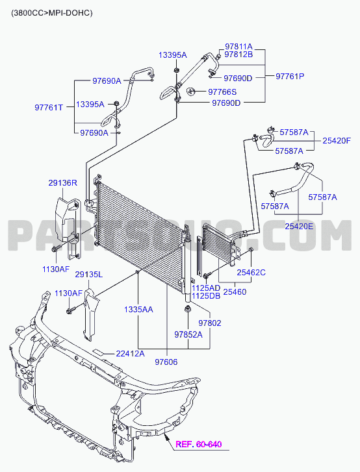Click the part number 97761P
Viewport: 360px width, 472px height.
pyautogui.click(x=290, y=76)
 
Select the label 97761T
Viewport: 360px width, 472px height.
pyautogui.click(x=49, y=108)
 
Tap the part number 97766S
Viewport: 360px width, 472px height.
pyautogui.click(x=222, y=92)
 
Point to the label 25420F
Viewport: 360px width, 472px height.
pyautogui.click(x=337, y=141)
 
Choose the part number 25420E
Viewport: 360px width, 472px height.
pyautogui.click(x=299, y=226)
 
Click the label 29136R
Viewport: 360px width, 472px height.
pyautogui.click(x=62, y=182)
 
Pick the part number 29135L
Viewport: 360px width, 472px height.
pyautogui.click(x=89, y=275)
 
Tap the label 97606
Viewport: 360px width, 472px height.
pyautogui.click(x=166, y=362)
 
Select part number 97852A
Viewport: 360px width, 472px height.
pyautogui.click(x=188, y=334)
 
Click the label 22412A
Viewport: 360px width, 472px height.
pyautogui.click(x=130, y=353)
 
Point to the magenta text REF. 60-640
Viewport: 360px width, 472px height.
pyautogui.click(x=199, y=444)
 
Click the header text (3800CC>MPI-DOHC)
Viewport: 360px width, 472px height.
pyautogui.click(x=52, y=13)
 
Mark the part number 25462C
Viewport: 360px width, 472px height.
pyautogui.click(x=251, y=273)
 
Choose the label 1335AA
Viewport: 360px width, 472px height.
pyautogui.click(x=138, y=310)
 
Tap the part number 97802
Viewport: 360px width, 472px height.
pyautogui.click(x=210, y=323)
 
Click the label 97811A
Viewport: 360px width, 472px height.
pyautogui.click(x=239, y=47)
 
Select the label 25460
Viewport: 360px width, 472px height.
pyautogui.click(x=235, y=292)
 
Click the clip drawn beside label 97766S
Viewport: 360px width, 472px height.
pyautogui.click(x=190, y=91)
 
